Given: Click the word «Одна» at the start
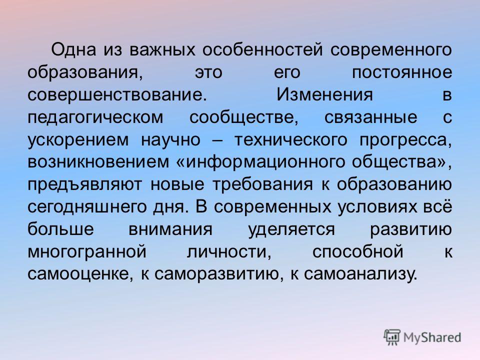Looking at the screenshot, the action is (x=73, y=49).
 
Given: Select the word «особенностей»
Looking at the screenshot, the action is (x=262, y=50).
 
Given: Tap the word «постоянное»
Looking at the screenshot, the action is (x=401, y=72).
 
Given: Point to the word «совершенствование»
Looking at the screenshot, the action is (x=115, y=95).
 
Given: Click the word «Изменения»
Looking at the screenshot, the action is (x=325, y=94).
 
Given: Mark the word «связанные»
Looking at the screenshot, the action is (x=370, y=117).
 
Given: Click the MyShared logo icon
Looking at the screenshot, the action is (x=392, y=337).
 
